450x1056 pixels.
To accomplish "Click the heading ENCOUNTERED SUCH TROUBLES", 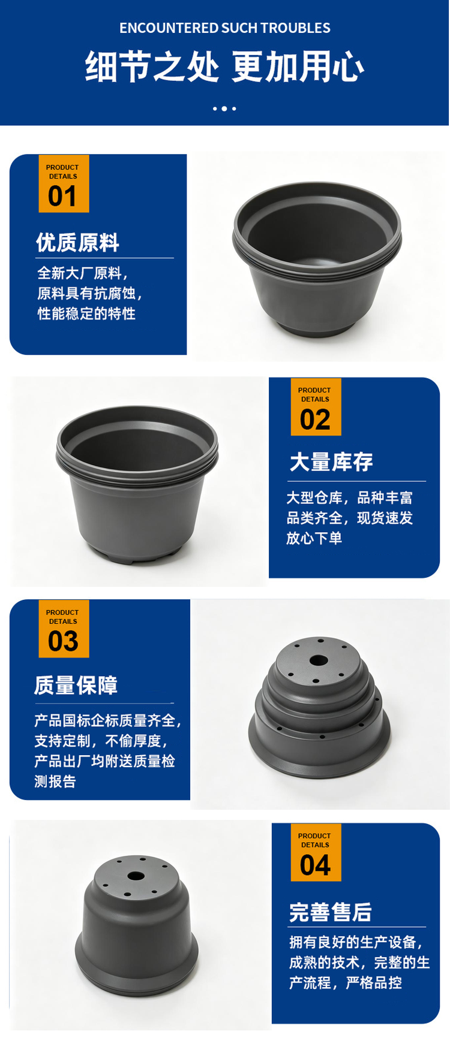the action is click(x=225, y=28).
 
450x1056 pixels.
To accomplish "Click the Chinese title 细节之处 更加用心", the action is click(x=225, y=66).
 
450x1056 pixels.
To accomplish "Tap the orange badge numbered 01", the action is click(x=64, y=184).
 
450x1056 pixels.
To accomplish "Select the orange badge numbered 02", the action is click(x=316, y=407).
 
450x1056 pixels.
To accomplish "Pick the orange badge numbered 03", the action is click(x=64, y=629).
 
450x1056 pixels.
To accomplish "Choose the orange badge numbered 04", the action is click(x=316, y=852).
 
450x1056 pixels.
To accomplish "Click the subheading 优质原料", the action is click(x=77, y=242).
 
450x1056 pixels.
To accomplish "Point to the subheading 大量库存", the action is click(x=331, y=462).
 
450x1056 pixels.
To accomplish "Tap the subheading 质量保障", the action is click(x=76, y=685).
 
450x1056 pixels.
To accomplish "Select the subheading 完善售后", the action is click(x=331, y=912).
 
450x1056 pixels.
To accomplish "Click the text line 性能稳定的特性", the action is click(x=86, y=313).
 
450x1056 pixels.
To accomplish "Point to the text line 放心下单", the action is click(x=314, y=538).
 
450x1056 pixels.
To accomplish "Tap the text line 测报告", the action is click(x=55, y=782).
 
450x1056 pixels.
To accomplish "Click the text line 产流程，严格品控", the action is click(x=346, y=983).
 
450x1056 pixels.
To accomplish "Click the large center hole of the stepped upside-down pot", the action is click(x=319, y=660).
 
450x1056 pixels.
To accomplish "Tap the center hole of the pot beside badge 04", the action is click(x=136, y=876).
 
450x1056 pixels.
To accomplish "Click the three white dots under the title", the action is click(x=224, y=108).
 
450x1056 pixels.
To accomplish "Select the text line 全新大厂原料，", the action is click(x=83, y=273).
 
